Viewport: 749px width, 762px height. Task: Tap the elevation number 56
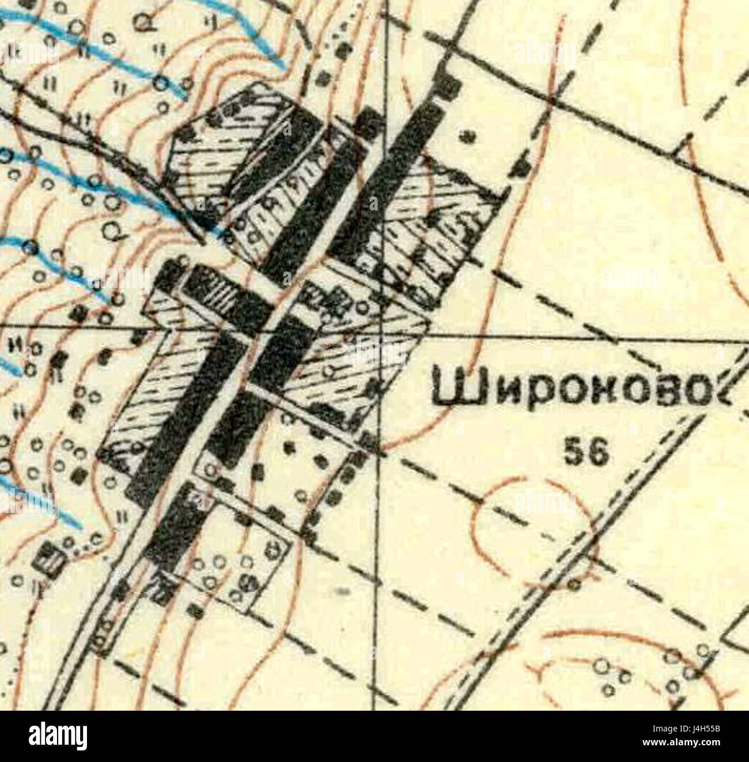click(x=586, y=454)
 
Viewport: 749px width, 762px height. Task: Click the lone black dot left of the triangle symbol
click(x=468, y=136)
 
